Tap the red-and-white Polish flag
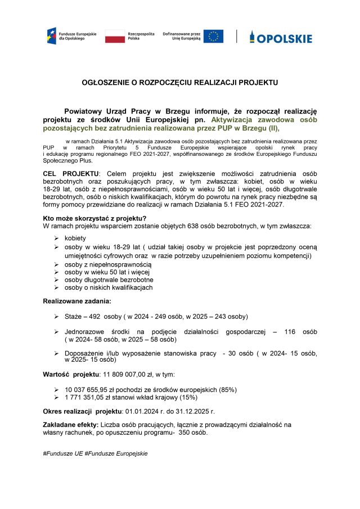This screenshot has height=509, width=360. (x=115, y=37)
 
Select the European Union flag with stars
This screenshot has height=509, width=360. (x=213, y=37)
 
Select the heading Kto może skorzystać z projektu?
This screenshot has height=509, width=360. (x=94, y=218)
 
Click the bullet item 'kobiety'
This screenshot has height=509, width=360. (x=75, y=238)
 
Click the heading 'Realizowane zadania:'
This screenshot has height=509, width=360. (x=77, y=301)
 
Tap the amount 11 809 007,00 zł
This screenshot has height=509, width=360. (x=125, y=374)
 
